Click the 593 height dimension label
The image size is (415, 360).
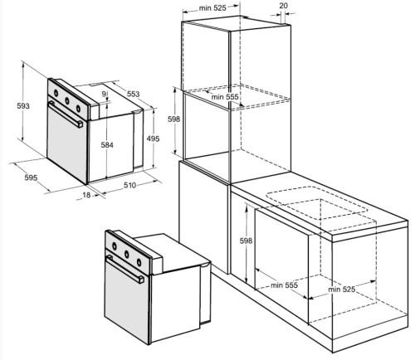pyautogui.click(x=23, y=105)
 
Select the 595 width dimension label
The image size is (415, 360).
pyautogui.click(x=31, y=178)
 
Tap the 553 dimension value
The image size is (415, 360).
pyautogui.click(x=133, y=94)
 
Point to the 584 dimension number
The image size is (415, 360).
pyautogui.click(x=107, y=145)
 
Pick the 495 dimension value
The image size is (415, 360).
pyautogui.click(x=153, y=139)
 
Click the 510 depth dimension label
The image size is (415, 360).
pyautogui.click(x=129, y=185)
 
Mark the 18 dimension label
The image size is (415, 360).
pyautogui.click(x=86, y=195)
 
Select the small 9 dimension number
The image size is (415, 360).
pyautogui.click(x=104, y=95)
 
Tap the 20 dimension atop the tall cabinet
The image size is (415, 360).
pyautogui.click(x=283, y=6)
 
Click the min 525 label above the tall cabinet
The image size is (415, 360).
pyautogui.click(x=212, y=8)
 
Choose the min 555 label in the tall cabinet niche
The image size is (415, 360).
pyautogui.click(x=225, y=97)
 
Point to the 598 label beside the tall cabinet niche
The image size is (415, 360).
pyautogui.click(x=173, y=119)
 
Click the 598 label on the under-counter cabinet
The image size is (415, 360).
pyautogui.click(x=246, y=241)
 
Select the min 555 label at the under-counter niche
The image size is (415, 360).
pyautogui.click(x=284, y=285)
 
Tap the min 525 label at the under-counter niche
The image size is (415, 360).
pyautogui.click(x=342, y=289)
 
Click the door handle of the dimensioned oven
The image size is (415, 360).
pyautogui.click(x=66, y=114)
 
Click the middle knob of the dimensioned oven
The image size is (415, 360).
pyautogui.click(x=67, y=100)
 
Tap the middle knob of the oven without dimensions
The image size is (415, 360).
pyautogui.click(x=127, y=254)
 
